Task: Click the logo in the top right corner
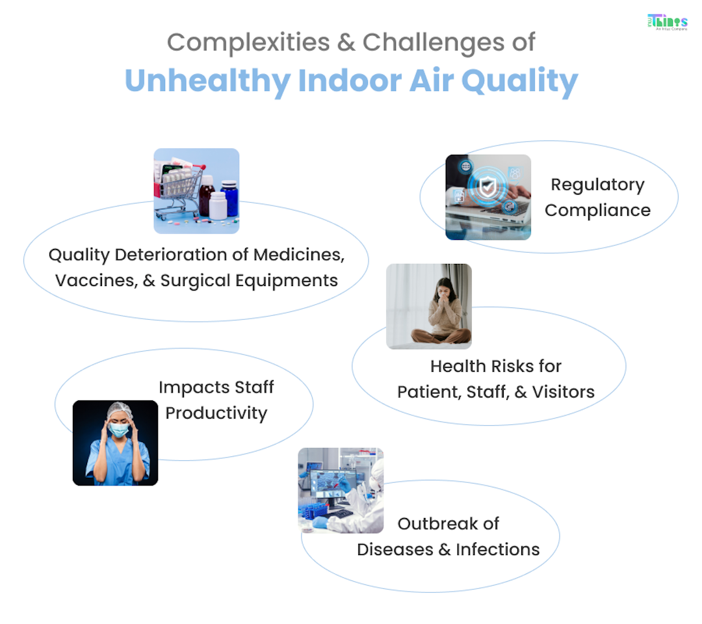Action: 668,22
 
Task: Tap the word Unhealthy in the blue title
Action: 207,81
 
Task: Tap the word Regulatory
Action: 597,185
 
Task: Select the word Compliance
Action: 597,211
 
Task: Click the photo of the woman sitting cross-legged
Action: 429,306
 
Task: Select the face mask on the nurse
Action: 118,429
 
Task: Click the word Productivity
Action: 216,413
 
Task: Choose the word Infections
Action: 498,549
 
